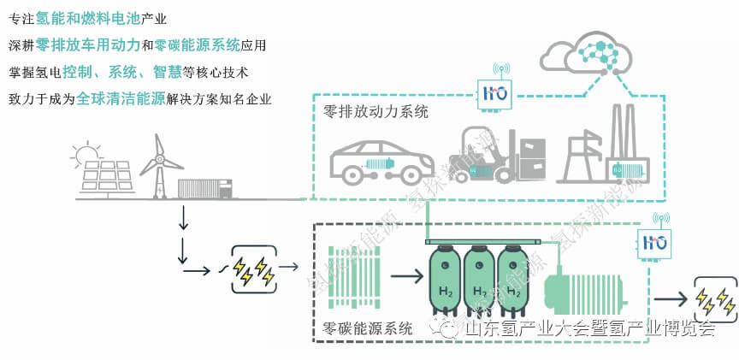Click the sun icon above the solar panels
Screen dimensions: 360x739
pos(86,154)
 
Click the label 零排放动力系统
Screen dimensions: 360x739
pos(376,112)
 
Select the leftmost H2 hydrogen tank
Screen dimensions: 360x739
pos(446,277)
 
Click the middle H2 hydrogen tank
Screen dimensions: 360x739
pos(481,277)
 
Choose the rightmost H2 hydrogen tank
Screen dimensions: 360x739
pos(515,277)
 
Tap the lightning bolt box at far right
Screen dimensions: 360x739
pos(714,299)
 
